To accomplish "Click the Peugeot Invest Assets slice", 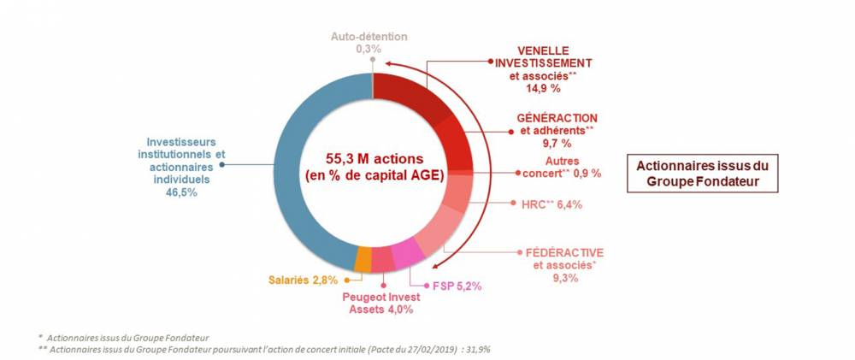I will pyautogui.click(x=383, y=259).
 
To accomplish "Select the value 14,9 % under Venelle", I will pyautogui.click(x=543, y=87).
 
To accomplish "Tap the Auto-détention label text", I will pyautogui.click(x=370, y=37).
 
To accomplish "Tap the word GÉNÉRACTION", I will pyautogui.click(x=557, y=117).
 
